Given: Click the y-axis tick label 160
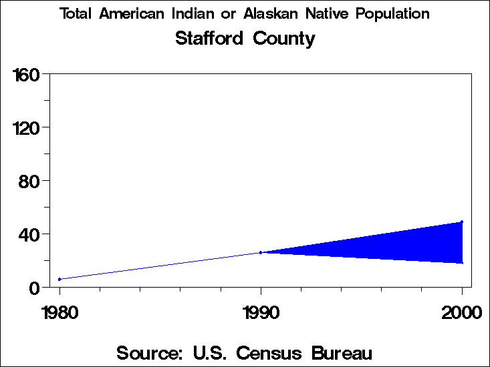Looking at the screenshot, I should click(x=27, y=73).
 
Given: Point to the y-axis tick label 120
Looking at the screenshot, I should click(x=27, y=127).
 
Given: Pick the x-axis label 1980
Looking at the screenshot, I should click(x=59, y=312).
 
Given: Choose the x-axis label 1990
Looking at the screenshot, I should click(x=261, y=312).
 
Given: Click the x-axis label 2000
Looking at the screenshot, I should click(x=461, y=312).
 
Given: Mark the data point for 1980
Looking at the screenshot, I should click(x=59, y=279).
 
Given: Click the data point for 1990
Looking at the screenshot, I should click(x=261, y=252).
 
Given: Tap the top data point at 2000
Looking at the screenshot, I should click(x=461, y=222).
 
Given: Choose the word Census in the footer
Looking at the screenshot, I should click(x=285, y=352).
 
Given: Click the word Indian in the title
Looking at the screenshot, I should click(x=200, y=13).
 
